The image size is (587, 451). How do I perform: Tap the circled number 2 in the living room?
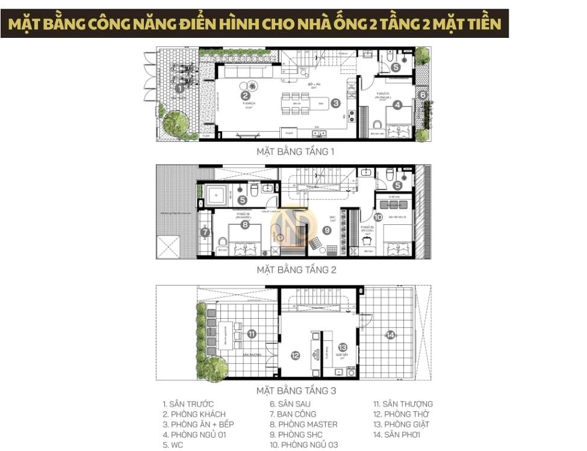pos(245,94)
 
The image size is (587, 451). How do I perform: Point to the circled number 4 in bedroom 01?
pos(397,104)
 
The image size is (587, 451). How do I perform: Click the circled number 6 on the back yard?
pos(423,94)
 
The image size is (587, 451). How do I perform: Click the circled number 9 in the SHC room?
pos(327,229)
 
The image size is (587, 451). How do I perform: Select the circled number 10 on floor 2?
pos(377,217)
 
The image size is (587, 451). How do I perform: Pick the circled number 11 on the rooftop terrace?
pos(252,334)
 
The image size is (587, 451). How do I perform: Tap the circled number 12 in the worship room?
pos(295,355)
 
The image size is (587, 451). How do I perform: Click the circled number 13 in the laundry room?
pos(342,347)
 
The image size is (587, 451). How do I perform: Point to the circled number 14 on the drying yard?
pos(390,335)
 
